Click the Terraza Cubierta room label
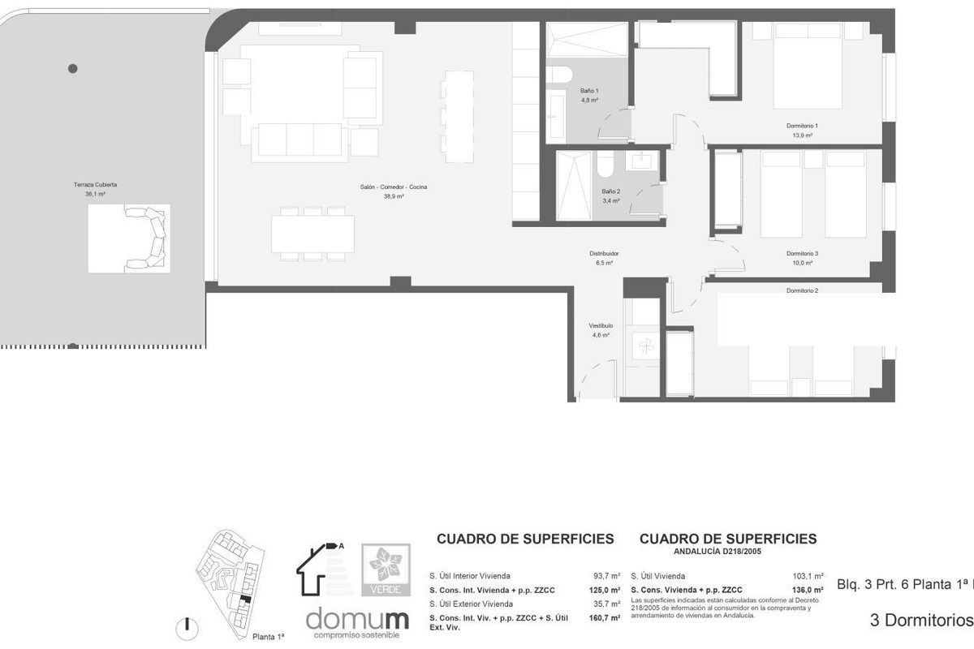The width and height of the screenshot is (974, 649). [x=95, y=184]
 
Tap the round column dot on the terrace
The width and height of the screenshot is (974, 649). [x=73, y=68]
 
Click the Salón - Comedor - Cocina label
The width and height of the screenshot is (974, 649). [x=394, y=187]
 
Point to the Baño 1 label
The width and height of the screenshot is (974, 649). [x=589, y=90]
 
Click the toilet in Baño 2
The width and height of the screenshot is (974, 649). [x=606, y=165]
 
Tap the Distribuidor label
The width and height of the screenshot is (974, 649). [x=604, y=253]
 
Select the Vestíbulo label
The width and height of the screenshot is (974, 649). [x=599, y=325]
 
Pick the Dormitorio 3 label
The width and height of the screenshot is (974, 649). [x=802, y=253]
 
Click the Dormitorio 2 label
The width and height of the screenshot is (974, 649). [x=802, y=290]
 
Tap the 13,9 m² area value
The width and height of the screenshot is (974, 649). [x=802, y=135]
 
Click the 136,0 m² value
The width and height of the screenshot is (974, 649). [x=809, y=590]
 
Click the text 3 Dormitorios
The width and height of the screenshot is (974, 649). [x=920, y=621]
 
